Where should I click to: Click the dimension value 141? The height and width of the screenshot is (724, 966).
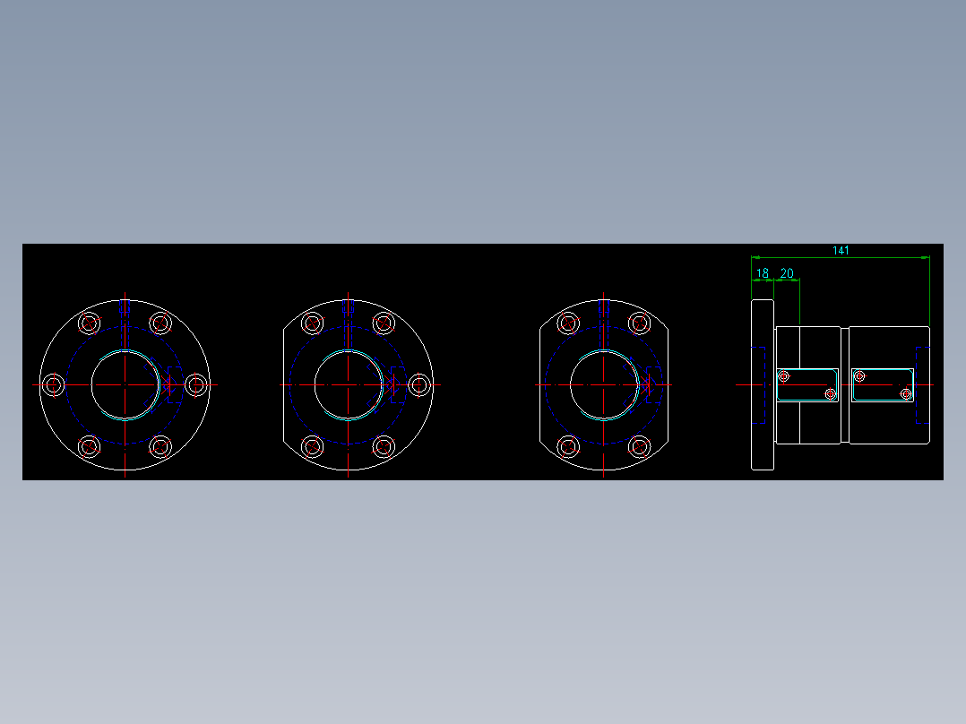pyautogui.click(x=841, y=251)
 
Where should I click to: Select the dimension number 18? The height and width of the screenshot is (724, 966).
pyautogui.click(x=763, y=273)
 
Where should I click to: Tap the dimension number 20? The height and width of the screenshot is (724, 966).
pyautogui.click(x=787, y=273)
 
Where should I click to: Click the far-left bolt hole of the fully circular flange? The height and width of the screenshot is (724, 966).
pyautogui.click(x=54, y=384)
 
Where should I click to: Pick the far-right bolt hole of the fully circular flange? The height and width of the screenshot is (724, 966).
pyautogui.click(x=195, y=384)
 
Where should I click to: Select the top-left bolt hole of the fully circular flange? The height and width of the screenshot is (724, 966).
pyautogui.click(x=89, y=323)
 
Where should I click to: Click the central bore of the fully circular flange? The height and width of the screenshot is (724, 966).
pyautogui.click(x=125, y=384)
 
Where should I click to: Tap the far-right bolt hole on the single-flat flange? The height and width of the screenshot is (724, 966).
pyautogui.click(x=418, y=384)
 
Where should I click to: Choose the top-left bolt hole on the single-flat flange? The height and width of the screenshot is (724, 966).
pyautogui.click(x=313, y=323)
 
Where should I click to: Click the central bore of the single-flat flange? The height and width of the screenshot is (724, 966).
pyautogui.click(x=348, y=384)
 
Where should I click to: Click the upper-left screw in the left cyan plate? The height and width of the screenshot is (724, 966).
pyautogui.click(x=784, y=376)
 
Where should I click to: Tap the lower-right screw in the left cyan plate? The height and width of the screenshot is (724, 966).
pyautogui.click(x=830, y=393)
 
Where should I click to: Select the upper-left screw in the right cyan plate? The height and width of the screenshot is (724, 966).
pyautogui.click(x=859, y=376)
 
